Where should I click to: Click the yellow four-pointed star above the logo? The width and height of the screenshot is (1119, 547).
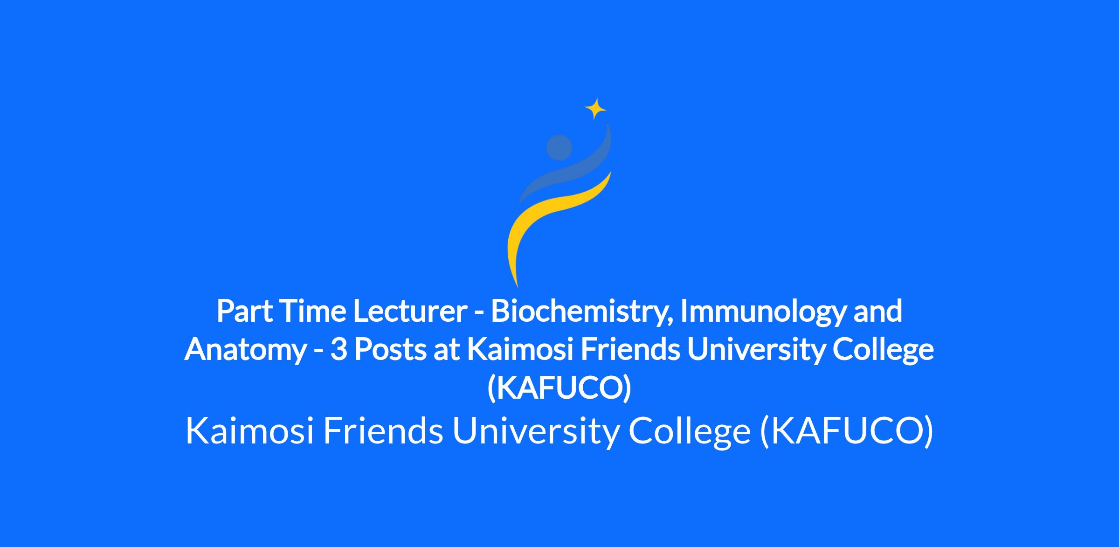click(x=595, y=109)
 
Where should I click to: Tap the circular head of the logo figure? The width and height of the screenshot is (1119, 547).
click(x=559, y=147)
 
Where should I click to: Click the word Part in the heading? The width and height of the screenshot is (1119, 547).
click(x=244, y=312)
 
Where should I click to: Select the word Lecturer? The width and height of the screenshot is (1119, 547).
click(x=410, y=312)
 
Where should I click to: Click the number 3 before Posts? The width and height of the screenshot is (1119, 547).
click(x=338, y=350)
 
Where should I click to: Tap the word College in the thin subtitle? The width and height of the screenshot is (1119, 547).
click(x=690, y=432)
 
